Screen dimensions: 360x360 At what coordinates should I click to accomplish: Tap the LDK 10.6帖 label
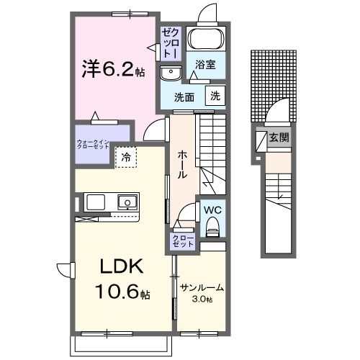(120, 282)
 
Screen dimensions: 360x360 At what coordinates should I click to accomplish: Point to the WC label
(213, 210)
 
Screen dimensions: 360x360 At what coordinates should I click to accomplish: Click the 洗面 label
(184, 96)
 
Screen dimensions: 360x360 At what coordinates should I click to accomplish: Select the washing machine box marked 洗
(215, 95)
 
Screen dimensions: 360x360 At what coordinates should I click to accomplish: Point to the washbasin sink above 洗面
(171, 72)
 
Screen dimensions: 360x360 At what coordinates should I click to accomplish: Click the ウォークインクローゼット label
(94, 142)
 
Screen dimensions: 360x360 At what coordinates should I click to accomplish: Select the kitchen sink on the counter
(128, 201)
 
